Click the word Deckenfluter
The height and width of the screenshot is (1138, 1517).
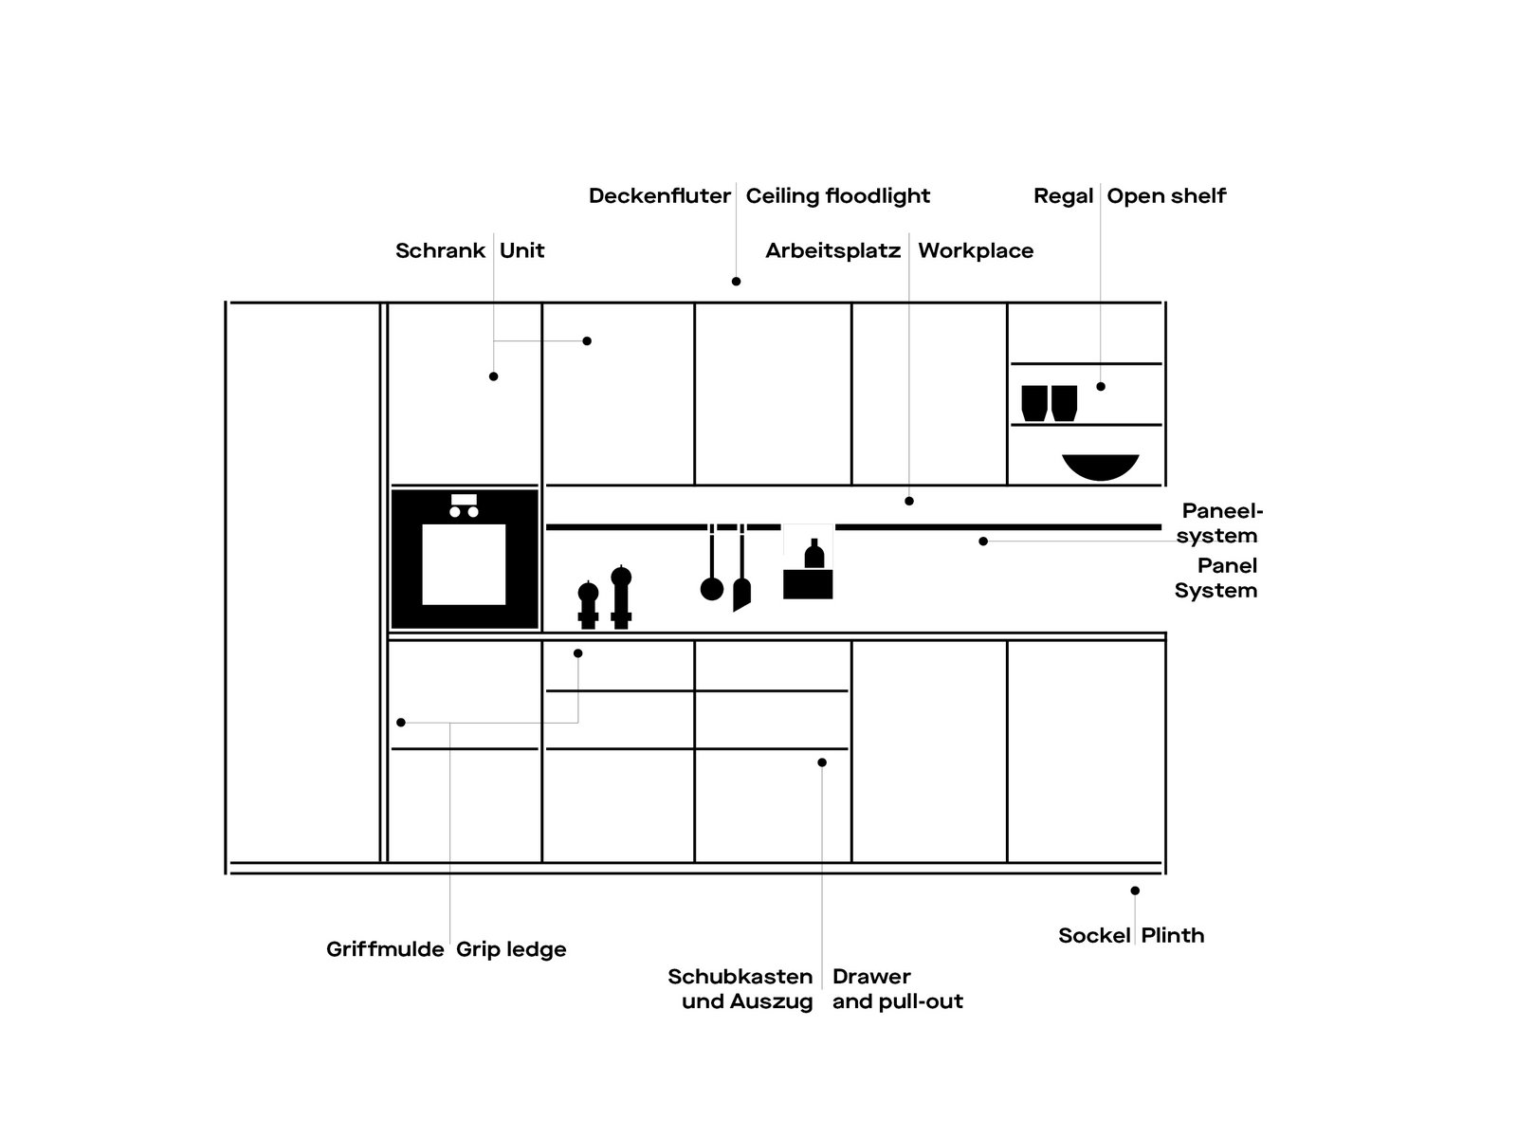pos(659,196)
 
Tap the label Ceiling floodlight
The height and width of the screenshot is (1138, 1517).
pos(837,196)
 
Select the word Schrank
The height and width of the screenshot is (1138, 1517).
pos(440,251)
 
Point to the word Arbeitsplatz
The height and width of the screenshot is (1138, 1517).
pos(832,251)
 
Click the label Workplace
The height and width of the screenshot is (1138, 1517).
pos(976,251)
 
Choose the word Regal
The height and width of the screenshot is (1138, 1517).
pos(1063,196)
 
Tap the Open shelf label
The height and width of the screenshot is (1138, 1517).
pos(1166,196)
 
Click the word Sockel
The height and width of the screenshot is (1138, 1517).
pos(1094,936)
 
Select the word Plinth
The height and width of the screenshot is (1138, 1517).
pos(1173,936)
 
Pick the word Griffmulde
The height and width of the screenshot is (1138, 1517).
pos(385,950)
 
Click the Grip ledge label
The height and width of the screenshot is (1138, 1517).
pos(511,950)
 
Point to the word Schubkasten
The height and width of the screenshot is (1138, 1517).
pos(740,977)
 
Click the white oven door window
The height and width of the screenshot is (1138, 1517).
pos(464,563)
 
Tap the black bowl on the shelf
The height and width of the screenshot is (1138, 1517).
pos(1100,467)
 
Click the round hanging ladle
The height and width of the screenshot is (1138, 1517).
pos(711,588)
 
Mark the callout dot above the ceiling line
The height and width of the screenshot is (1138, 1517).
pos(736,282)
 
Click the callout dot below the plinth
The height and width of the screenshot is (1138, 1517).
pos(1135,890)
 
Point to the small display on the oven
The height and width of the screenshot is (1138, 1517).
pos(464,500)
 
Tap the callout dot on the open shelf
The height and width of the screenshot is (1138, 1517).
pos(1101,387)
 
